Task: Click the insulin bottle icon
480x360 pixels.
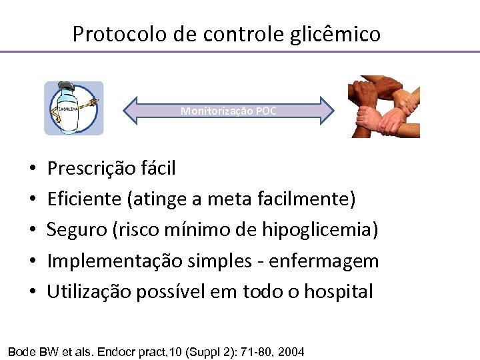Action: [x=74, y=108]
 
